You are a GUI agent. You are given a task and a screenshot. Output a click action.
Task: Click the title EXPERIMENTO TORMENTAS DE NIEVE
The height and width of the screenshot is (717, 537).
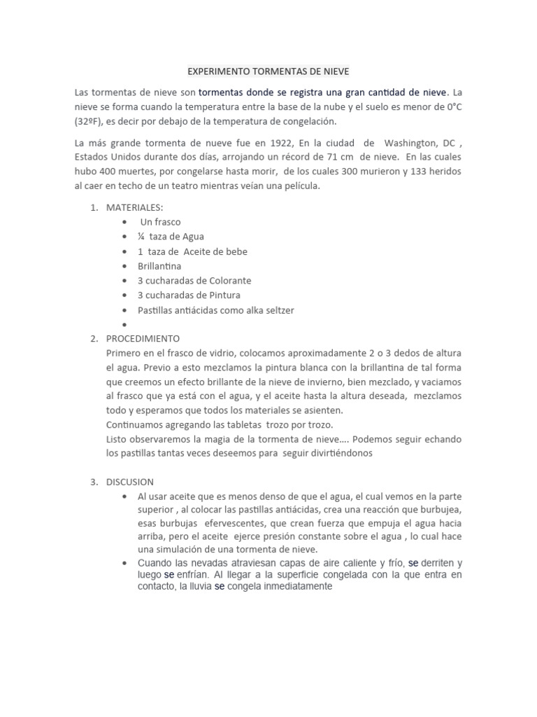click(x=268, y=71)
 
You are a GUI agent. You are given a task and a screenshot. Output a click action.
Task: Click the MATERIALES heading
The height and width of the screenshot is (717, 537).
click(x=134, y=208)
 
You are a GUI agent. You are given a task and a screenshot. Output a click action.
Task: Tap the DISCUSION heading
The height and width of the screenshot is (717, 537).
click(x=130, y=482)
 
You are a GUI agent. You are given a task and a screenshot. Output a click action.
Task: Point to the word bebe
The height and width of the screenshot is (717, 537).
click(x=234, y=251)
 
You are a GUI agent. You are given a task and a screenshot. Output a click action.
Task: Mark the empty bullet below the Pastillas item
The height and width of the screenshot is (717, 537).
click(x=124, y=324)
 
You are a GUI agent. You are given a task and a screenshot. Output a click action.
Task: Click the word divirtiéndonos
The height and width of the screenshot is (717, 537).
click(x=333, y=453)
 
